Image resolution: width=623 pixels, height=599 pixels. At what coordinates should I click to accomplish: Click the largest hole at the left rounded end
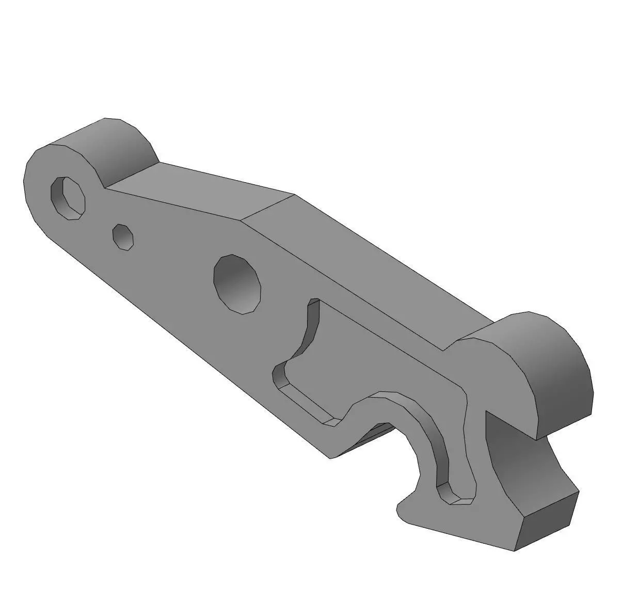(x=68, y=198)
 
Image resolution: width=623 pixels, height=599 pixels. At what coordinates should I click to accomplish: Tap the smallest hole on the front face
(x=123, y=238)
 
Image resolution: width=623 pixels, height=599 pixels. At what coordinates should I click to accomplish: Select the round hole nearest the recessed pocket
(x=237, y=283)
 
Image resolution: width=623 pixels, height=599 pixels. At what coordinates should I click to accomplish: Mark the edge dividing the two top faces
(x=268, y=207)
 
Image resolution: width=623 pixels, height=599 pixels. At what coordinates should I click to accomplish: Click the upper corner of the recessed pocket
(x=314, y=301)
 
